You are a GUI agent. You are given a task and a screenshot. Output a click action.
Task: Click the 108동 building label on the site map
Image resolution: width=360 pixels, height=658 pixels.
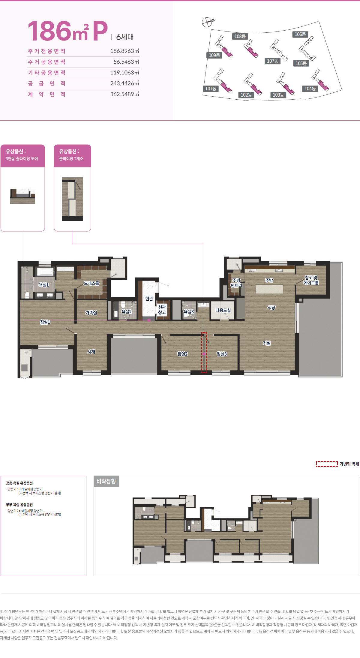240,36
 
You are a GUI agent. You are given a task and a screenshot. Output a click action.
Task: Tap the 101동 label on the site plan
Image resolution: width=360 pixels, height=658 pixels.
211,89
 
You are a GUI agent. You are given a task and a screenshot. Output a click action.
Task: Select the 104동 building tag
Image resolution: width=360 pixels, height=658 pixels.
310,89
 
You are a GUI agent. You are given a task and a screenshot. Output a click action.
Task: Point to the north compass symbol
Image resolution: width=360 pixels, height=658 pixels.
207,22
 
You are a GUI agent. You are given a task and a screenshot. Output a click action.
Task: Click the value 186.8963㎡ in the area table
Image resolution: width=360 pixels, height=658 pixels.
124,51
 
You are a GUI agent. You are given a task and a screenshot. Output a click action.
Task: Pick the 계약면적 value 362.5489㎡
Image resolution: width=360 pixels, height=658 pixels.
124,94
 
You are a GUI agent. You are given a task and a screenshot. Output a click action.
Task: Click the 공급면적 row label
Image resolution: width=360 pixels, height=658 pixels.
46,83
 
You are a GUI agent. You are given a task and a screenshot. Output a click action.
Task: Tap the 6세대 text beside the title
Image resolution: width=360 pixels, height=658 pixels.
125,37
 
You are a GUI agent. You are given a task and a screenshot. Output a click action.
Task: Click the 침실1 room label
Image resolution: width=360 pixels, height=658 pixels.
45,322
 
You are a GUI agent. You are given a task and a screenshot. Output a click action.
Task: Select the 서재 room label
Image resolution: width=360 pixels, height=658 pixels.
91,352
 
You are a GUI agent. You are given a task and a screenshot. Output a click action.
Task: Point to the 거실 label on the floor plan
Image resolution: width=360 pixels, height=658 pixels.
267,343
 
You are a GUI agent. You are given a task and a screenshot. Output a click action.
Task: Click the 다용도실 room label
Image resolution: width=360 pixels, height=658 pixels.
223,310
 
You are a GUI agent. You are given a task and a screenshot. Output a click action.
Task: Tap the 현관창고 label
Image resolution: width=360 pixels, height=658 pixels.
162,310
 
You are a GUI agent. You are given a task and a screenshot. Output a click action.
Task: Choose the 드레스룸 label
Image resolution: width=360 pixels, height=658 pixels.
91,283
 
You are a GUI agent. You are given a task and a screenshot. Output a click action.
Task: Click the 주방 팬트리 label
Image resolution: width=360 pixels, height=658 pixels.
236,283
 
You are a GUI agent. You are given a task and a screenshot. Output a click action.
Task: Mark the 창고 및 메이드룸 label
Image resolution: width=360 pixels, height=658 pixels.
311,280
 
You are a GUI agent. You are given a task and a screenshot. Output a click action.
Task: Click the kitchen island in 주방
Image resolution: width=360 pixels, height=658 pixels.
269,289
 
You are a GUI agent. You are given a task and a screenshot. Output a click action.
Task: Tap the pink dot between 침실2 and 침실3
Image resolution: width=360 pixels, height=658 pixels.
204,354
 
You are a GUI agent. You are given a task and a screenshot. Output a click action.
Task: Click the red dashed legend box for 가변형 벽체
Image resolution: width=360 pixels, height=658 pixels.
327,464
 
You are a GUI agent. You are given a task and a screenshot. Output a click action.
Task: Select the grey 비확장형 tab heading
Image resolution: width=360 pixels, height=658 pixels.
106,481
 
